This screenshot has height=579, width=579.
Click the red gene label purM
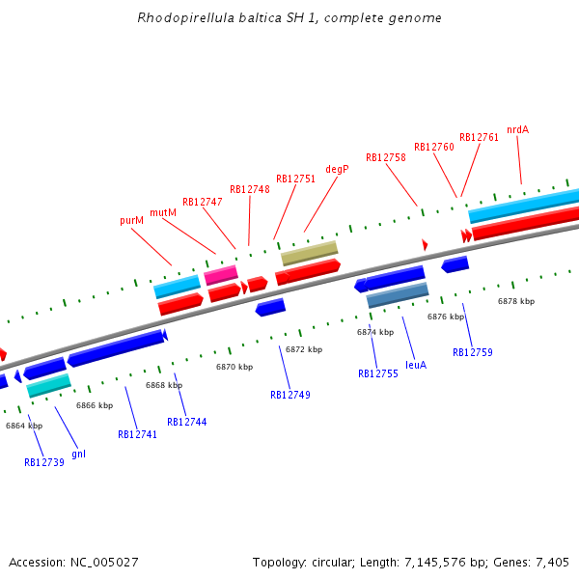tap(131, 220)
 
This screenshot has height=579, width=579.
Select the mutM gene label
tap(162, 212)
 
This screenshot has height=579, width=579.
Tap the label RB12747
tap(202, 202)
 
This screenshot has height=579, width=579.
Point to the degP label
tap(337, 169)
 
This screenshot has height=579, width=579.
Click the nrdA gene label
tap(517, 129)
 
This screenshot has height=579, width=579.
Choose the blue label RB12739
tap(43, 462)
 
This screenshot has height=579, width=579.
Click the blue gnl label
tap(78, 454)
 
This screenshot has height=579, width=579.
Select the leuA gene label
tap(416, 365)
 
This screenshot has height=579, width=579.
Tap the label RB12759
tap(472, 352)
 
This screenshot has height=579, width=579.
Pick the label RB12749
tap(289, 395)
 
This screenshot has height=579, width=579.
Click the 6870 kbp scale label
tap(234, 367)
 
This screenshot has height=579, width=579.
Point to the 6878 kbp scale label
tap(515, 301)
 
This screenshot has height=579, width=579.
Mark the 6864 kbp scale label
tap(23, 426)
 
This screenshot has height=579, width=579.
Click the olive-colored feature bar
tap(309, 253)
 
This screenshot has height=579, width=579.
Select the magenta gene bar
tap(221, 275)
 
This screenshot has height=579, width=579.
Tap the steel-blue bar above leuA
tap(398, 295)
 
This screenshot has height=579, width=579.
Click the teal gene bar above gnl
tap(48, 386)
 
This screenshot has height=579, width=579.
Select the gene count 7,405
tap(551, 562)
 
